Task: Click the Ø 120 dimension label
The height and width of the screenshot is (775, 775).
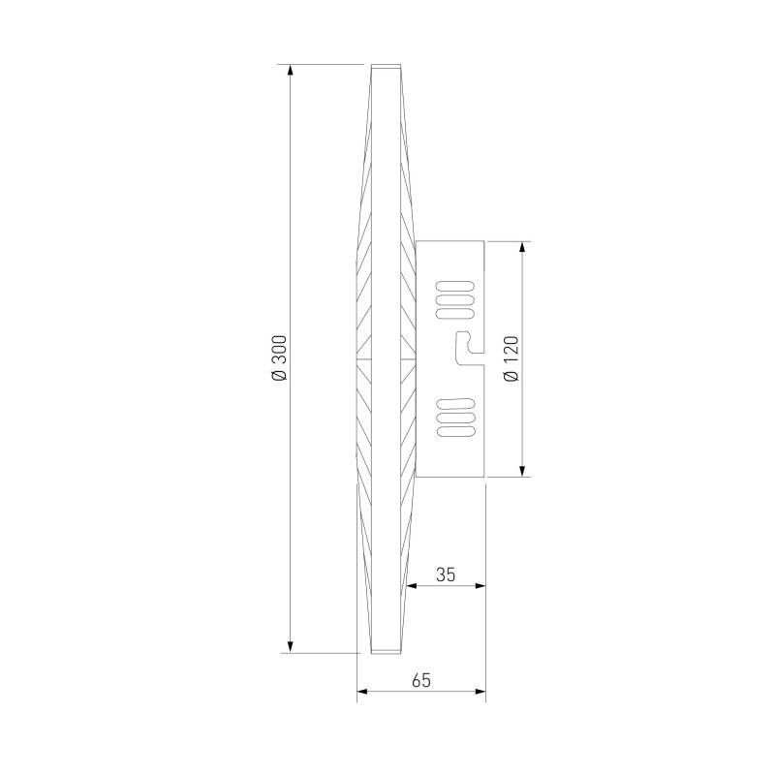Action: (512, 357)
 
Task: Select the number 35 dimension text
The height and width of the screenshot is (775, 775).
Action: (445, 573)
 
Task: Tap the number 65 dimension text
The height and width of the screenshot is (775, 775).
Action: (420, 680)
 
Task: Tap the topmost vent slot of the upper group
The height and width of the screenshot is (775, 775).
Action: (455, 287)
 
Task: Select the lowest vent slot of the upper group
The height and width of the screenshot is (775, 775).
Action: (455, 310)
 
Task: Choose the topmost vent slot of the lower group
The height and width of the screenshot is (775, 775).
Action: (455, 401)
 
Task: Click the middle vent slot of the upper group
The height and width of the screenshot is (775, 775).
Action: (455, 298)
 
